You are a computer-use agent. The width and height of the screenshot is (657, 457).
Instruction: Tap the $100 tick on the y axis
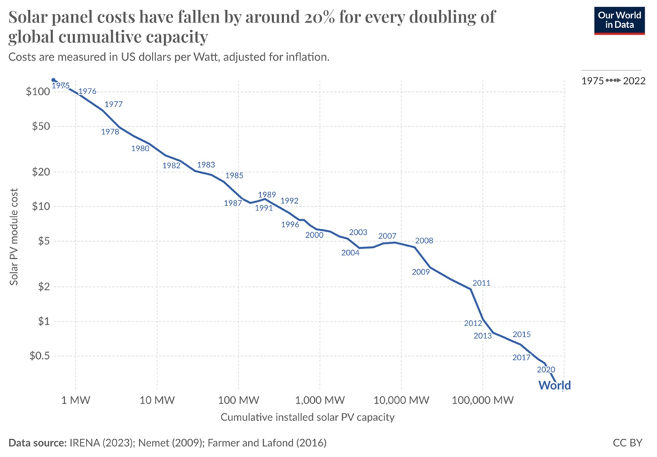(36, 92)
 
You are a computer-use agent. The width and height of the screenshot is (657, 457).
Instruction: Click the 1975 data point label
(61, 86)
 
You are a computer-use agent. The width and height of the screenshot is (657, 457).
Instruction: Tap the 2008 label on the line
(424, 240)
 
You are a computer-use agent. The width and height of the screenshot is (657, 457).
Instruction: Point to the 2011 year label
(481, 283)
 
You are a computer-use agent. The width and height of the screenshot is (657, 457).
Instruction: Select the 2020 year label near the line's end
(546, 370)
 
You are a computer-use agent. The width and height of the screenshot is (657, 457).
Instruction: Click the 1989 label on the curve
(266, 195)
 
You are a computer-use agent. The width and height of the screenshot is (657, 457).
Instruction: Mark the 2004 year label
(350, 253)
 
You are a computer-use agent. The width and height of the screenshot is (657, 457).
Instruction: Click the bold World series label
(554, 385)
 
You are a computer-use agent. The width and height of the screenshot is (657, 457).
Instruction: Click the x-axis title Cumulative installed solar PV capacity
(307, 416)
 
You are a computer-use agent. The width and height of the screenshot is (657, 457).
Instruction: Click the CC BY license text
(628, 442)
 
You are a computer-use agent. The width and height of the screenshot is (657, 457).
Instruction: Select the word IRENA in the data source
(85, 442)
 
